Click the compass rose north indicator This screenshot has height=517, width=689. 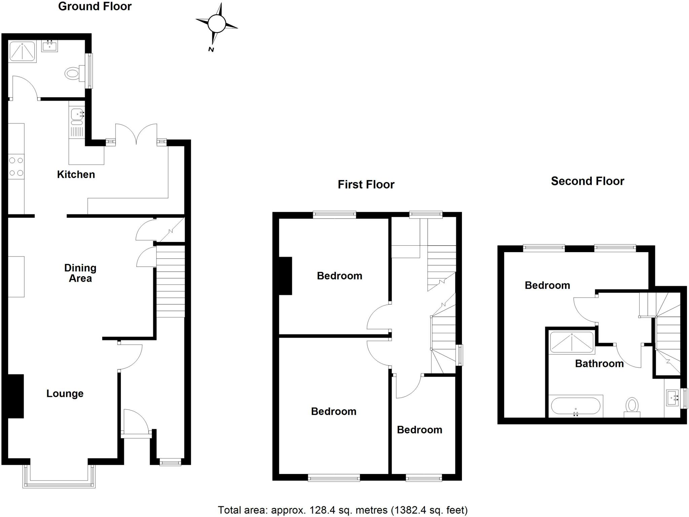point(211,49)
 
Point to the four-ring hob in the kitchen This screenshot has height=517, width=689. point(16,167)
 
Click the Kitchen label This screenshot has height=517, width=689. point(76,174)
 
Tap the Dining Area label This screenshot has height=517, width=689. point(80,273)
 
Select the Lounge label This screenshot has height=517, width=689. point(65,393)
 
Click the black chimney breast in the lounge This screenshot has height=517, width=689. point(15,396)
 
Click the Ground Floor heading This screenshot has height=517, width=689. point(95,6)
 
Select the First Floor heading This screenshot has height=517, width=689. point(366,184)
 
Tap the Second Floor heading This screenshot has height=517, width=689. point(587,181)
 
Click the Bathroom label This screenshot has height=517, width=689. point(599,364)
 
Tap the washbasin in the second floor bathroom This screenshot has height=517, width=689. point(673,399)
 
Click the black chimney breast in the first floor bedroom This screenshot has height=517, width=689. point(285,276)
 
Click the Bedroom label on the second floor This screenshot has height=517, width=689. point(547,285)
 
